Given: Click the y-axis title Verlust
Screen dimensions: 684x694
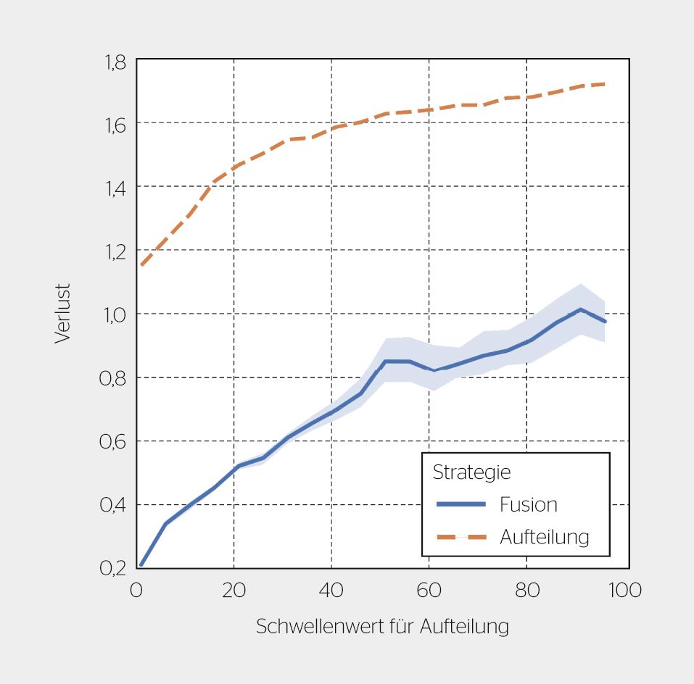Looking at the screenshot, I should tap(62, 313).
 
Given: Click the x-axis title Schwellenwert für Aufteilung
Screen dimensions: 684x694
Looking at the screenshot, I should tap(382, 627).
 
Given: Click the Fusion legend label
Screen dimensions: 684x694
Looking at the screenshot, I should tap(528, 504).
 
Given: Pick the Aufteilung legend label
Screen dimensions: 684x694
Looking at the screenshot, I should tap(544, 537).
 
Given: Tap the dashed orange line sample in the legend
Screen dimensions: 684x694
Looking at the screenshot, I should tap(460, 537).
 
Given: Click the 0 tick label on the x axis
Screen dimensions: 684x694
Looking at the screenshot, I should tap(136, 591).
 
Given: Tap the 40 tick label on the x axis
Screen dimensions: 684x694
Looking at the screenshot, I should tap(331, 591).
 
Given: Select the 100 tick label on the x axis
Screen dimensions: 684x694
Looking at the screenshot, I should tap(624, 591).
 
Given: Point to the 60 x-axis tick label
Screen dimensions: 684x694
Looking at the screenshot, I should tap(429, 591).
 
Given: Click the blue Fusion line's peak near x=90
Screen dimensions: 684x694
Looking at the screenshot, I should tap(581, 309).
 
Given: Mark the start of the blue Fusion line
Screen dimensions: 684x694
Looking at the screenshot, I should tap(141, 564).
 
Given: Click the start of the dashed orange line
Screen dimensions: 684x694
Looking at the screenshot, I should tap(141, 265).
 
